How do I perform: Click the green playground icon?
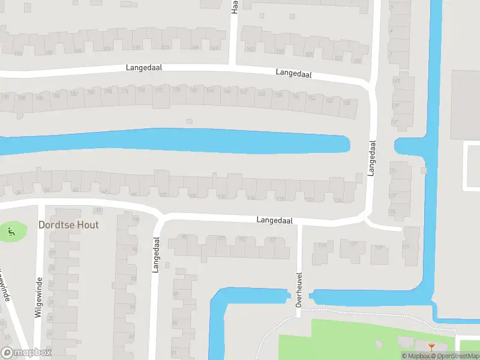point(10,229)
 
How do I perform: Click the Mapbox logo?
point(26,353)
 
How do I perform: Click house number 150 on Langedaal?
point(346,103)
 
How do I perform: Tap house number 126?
point(338,200)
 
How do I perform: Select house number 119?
point(378,247)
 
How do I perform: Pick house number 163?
point(250,49)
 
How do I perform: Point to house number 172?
point(158,90)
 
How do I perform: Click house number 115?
point(323,245)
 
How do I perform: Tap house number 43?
point(396,80)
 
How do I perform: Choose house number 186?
point(40,96)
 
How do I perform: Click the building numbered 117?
point(353,244)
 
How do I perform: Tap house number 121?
point(406,247)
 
